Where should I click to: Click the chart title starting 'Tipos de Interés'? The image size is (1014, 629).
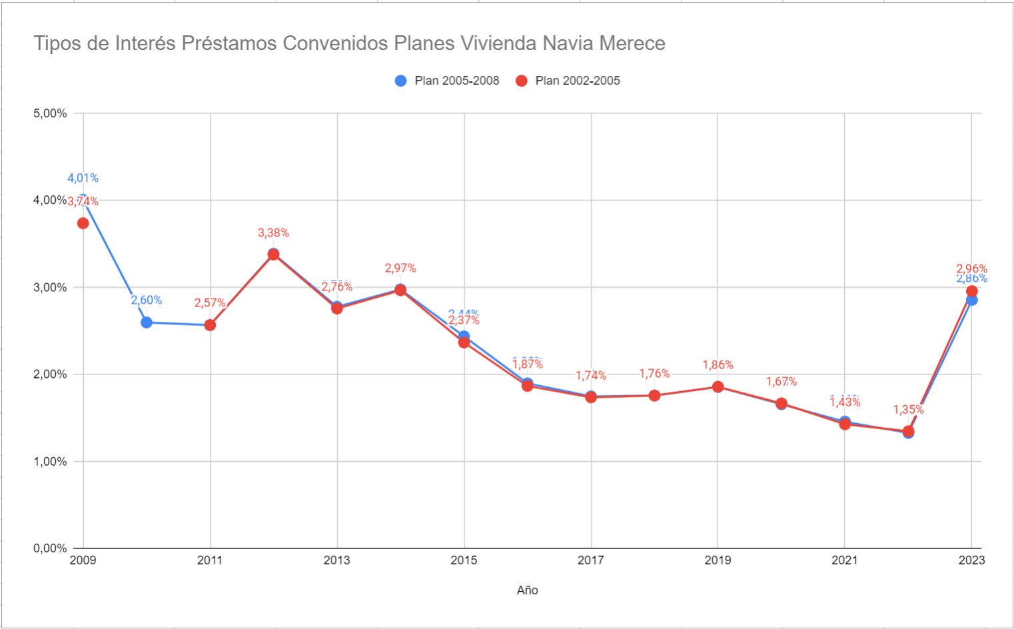349,44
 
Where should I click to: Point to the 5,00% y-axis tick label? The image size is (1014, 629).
50,113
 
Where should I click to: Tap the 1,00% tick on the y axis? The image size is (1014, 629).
50,462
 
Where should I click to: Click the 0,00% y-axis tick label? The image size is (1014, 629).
50,548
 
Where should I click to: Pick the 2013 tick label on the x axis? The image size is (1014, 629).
337,560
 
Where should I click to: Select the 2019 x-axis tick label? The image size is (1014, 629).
718,560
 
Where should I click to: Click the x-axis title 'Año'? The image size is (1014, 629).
527,590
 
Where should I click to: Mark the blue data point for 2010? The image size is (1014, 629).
147,322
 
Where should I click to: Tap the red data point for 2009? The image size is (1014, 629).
83,223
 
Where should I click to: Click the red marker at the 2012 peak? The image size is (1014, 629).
273,255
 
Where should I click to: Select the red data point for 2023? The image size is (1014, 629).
971,291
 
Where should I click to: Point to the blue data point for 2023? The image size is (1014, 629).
971,301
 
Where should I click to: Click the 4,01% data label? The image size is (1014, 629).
83,178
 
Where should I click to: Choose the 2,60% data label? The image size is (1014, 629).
147,301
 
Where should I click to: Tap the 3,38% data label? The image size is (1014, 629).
273,233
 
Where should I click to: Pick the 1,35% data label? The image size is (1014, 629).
908,410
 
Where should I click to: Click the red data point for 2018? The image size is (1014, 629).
654,396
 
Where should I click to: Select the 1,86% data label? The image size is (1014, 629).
718,365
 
